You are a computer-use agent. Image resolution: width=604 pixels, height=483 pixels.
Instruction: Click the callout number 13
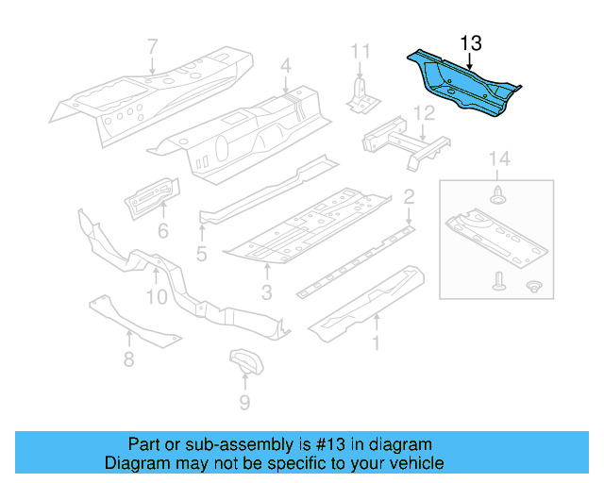[470, 42]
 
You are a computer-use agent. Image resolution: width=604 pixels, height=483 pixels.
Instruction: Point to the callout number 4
[285, 66]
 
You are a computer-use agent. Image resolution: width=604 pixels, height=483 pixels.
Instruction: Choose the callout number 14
[499, 159]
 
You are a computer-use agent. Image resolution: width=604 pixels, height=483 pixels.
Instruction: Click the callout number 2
[410, 197]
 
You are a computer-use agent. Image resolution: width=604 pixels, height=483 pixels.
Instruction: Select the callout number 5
[201, 254]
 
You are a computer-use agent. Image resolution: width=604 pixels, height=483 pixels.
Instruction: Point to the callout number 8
[128, 358]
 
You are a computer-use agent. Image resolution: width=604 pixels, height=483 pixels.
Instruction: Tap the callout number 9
[244, 404]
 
